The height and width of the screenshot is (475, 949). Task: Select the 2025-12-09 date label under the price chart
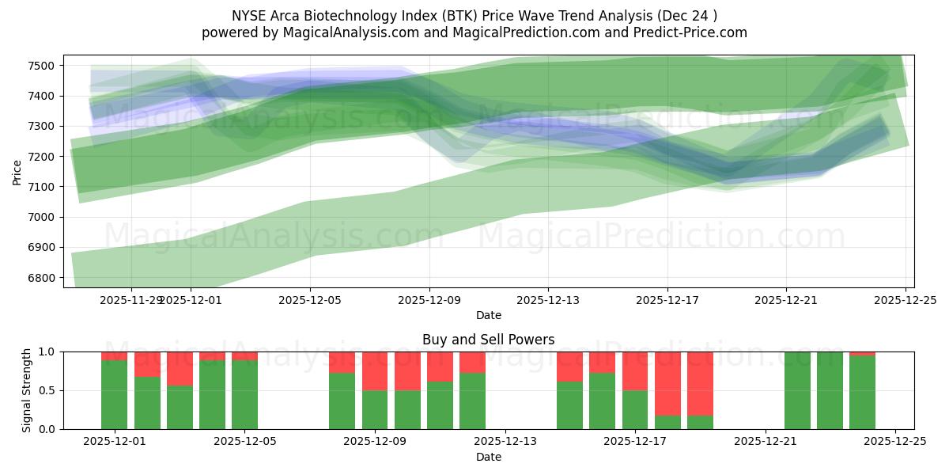(x=429, y=300)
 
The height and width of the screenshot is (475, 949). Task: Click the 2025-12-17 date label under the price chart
(x=667, y=300)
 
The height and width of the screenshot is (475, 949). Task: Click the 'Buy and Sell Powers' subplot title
(x=488, y=340)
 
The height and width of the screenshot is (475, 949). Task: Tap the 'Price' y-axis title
(x=17, y=171)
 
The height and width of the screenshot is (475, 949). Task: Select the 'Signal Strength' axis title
(x=26, y=390)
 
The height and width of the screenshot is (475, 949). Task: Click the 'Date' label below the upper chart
(x=488, y=315)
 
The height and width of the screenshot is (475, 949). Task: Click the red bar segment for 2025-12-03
(x=180, y=368)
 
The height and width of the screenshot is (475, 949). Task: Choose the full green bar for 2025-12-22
(x=797, y=390)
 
